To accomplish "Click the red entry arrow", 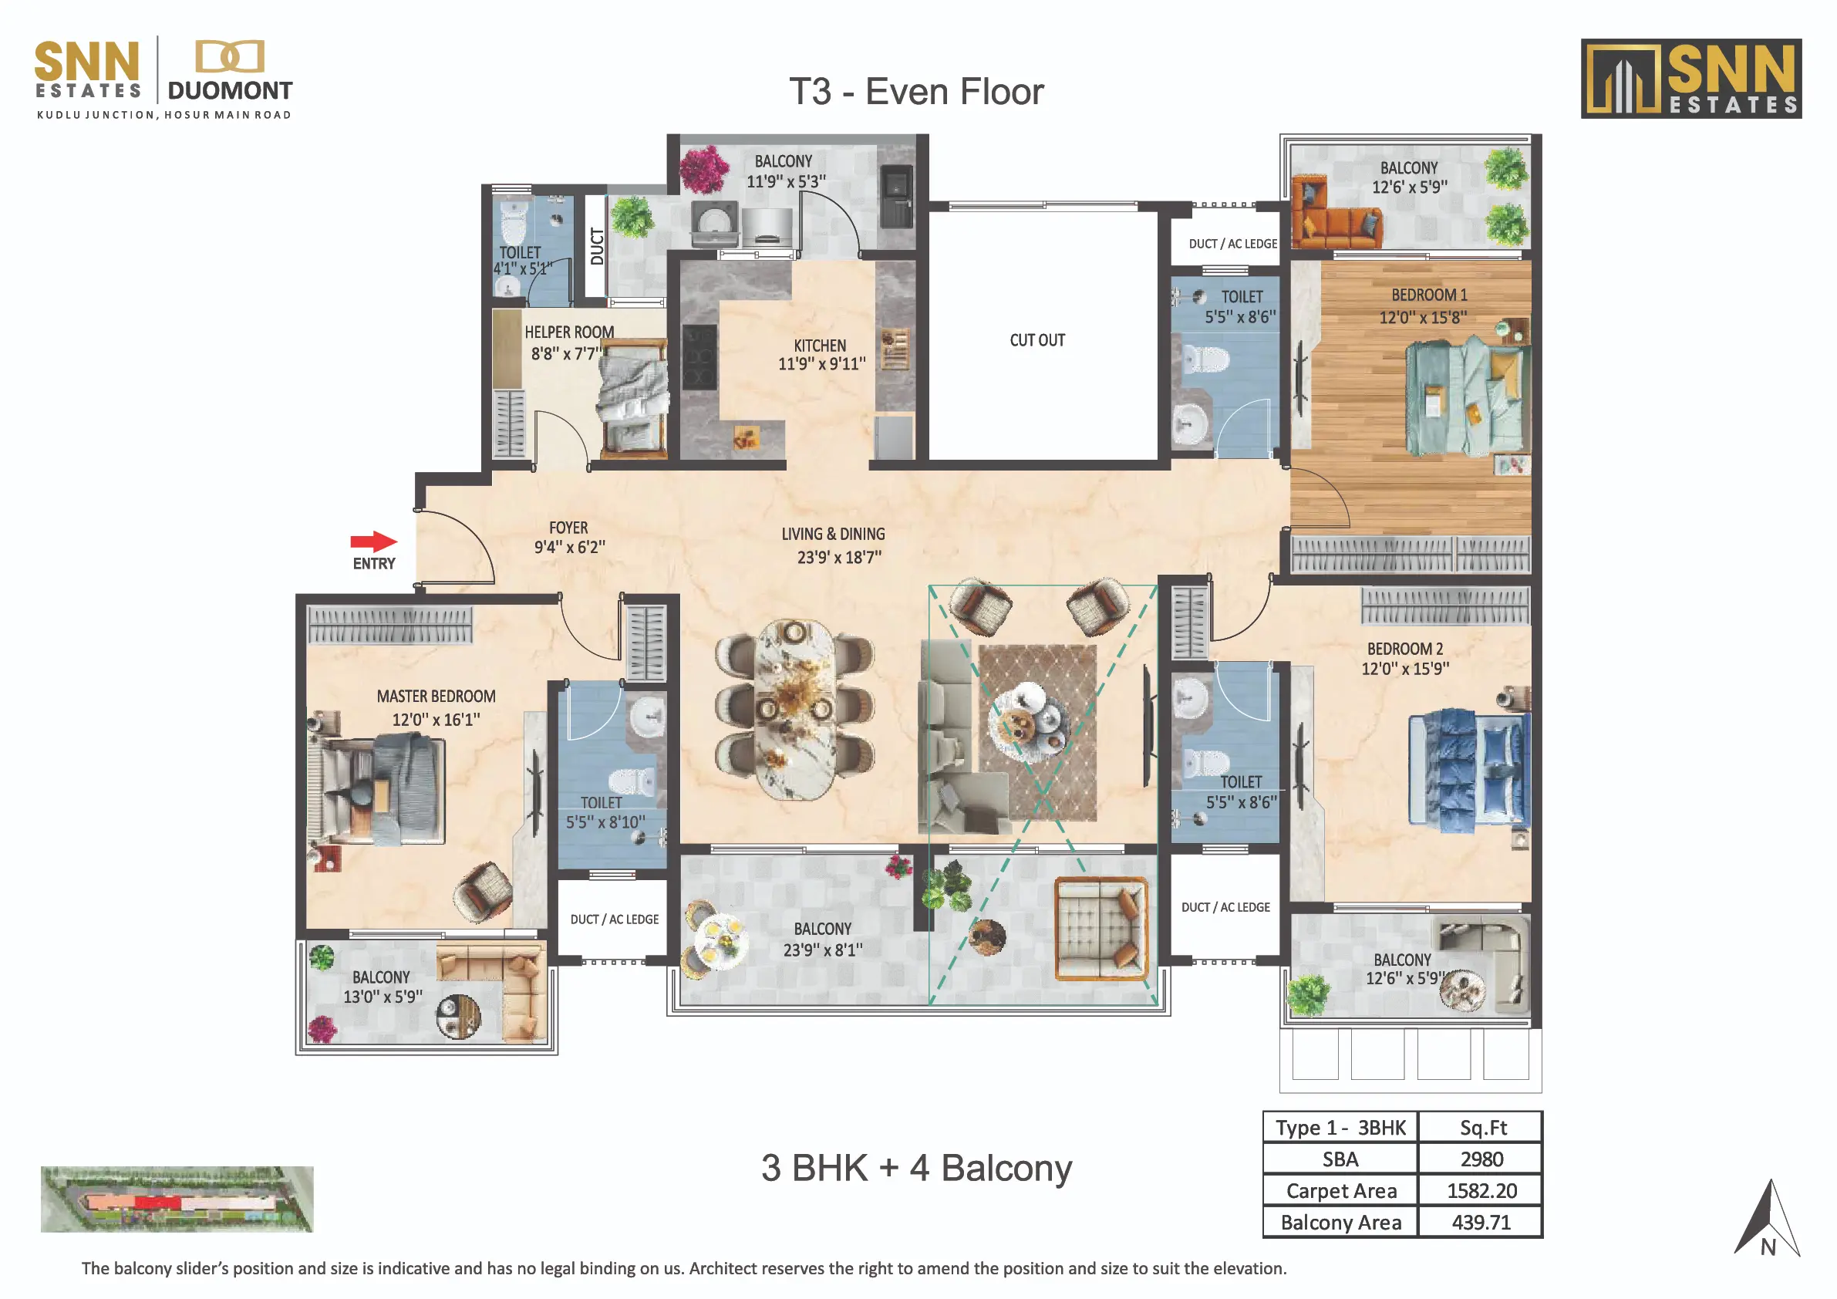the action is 373,542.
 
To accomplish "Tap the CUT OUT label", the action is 1037,340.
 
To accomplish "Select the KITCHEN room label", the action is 820,346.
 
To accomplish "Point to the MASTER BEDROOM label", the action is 436,697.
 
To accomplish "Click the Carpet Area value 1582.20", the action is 1481,1191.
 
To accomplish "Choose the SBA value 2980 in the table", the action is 1481,1159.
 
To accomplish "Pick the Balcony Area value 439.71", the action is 1481,1222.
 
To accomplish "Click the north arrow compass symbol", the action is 1768,1220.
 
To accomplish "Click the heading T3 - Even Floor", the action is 916,92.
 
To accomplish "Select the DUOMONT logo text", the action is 230,90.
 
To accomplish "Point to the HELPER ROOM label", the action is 569,332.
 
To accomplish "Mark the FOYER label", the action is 568,528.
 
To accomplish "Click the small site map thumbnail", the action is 177,1198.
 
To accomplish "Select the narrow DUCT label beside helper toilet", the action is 596,247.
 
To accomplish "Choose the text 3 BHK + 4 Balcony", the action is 916,1169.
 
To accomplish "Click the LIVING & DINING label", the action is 833,534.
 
